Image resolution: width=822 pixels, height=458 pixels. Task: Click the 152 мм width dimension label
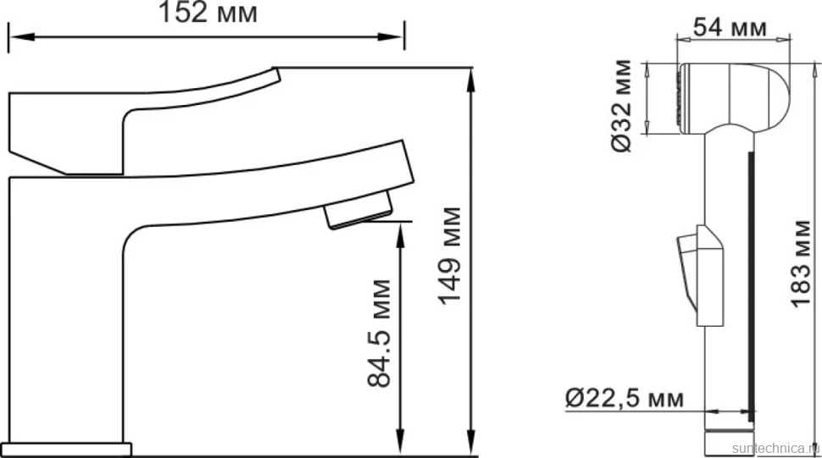coord(208,13)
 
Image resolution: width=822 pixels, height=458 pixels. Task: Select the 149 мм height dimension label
coord(450,256)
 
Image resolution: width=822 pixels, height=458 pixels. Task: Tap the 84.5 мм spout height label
coord(379,334)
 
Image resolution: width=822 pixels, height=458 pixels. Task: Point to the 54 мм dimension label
coord(730,27)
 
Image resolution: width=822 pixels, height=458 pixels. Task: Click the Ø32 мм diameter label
coord(622,106)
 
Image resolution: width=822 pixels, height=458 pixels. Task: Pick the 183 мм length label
coord(800,263)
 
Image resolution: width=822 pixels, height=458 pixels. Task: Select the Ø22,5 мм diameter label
coord(625,399)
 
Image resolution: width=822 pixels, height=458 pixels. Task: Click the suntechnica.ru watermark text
coord(776,449)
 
